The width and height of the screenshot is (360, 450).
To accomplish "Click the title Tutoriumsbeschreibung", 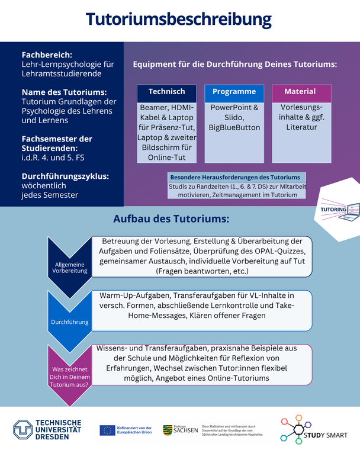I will pos(179,20).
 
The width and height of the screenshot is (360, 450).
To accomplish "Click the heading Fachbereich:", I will pos(47,54).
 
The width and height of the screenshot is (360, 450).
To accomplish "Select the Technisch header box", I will pos(166,92).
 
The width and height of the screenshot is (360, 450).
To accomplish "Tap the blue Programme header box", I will pos(234,92).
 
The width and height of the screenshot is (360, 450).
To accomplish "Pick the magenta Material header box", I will pos(300,92).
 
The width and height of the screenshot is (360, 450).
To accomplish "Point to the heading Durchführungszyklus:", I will pos(65,176).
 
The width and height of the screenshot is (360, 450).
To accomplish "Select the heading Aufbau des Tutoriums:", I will pos(171,219).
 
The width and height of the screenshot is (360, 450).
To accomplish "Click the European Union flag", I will pos(107,430).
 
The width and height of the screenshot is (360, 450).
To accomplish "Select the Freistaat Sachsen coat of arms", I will pos(168,430).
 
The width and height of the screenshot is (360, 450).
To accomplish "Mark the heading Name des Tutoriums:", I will pos(65,92).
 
